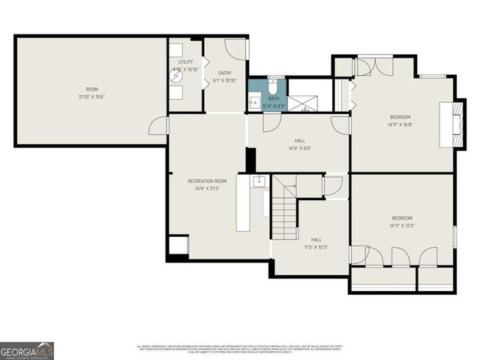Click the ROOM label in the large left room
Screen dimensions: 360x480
[91, 89]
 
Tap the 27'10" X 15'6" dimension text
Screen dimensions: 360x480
[91, 97]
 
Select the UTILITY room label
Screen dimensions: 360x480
[185, 61]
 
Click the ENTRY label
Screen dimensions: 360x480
[225, 73]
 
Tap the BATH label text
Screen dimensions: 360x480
[274, 98]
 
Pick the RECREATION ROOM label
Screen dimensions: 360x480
[206, 181]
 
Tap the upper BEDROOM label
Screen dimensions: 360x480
[400, 117]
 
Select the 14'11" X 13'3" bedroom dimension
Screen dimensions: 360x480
[402, 225]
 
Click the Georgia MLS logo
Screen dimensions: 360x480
[27, 350]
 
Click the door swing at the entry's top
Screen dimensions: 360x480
[235, 49]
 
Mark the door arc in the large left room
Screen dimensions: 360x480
[158, 126]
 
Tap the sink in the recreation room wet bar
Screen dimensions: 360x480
[259, 180]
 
